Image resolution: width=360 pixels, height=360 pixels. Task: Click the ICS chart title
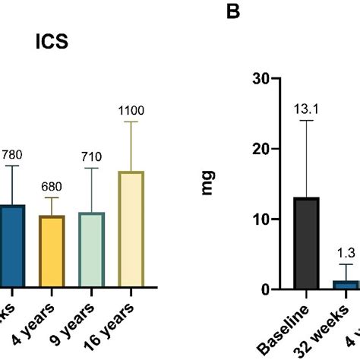(52, 41)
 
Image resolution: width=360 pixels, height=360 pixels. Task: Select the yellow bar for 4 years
(52, 251)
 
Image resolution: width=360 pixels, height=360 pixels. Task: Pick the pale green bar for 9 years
(92, 250)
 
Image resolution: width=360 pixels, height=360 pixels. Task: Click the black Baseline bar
(306, 243)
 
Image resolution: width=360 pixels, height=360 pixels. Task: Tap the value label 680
(52, 188)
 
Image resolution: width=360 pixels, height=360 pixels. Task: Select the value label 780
(12, 156)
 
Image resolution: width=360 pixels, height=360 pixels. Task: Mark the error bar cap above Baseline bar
(306, 121)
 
